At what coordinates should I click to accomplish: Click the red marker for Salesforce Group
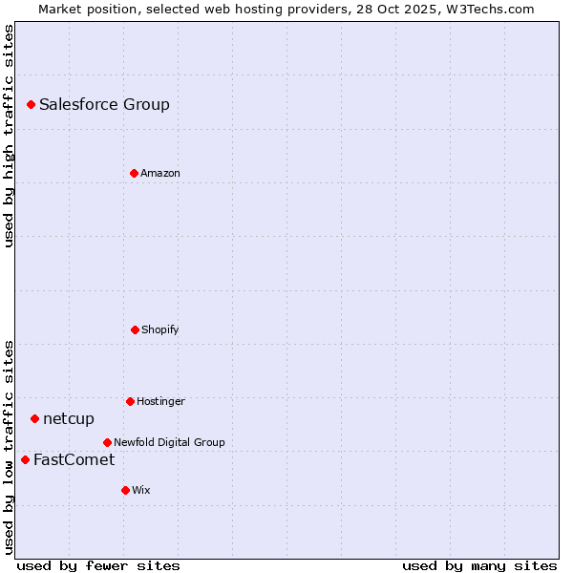pos(31,104)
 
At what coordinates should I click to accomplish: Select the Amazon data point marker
pos(134,173)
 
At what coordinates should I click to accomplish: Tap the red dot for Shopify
pos(135,329)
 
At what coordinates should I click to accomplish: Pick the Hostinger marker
pos(130,401)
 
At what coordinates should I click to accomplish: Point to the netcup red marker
pos(34,418)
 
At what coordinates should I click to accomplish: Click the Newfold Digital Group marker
pos(107,442)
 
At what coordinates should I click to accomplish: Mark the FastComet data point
pos(25,459)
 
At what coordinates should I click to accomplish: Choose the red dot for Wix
pos(125,490)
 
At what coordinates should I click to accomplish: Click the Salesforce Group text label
pos(104,104)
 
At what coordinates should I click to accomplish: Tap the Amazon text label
pos(160,173)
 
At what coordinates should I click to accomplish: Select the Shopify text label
pos(160,329)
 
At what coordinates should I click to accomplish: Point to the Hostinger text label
pos(160,401)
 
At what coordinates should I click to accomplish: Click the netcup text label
pos(69,418)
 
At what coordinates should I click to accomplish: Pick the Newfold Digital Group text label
pos(169,442)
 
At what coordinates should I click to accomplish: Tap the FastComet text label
pos(74,459)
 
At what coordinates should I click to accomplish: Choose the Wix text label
pos(141,490)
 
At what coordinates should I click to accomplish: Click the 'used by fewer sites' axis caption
pos(98,565)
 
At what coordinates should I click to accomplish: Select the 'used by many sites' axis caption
pos(479,565)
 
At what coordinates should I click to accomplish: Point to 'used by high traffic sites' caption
pos(9,136)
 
